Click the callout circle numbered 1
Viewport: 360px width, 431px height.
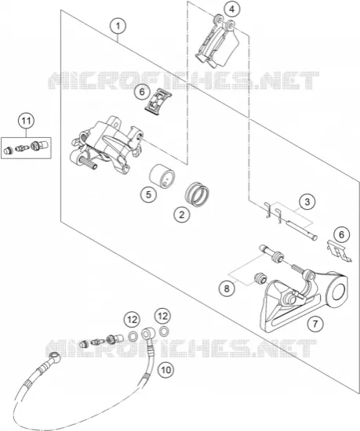click(x=118, y=27)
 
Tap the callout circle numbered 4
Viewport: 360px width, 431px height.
click(x=231, y=9)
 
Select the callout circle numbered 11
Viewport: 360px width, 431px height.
click(x=27, y=121)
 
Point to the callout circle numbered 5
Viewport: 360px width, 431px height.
click(x=148, y=195)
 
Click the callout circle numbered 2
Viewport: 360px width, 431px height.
click(x=182, y=215)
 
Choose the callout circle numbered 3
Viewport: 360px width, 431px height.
click(x=307, y=202)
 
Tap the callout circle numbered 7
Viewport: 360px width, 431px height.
click(x=315, y=324)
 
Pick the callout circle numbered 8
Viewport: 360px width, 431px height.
click(x=227, y=288)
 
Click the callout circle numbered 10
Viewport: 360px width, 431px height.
click(x=166, y=370)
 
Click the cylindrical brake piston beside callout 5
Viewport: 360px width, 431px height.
click(x=162, y=176)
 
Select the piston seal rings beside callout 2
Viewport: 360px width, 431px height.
click(x=197, y=194)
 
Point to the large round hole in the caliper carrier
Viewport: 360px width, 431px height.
click(x=338, y=292)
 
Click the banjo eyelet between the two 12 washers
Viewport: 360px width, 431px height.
click(x=148, y=334)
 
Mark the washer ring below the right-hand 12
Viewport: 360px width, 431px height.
click(x=164, y=331)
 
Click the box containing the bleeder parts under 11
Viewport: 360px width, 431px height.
click(x=26, y=148)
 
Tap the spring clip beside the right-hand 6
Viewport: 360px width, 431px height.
click(x=339, y=251)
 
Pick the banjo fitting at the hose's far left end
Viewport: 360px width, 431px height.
click(x=54, y=356)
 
